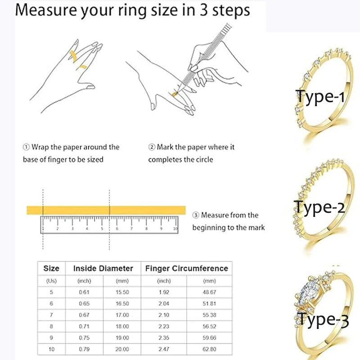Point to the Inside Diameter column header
(103, 268)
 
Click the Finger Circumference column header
(186, 268)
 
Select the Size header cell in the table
(51, 268)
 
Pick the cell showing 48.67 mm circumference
(209, 292)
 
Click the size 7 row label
(51, 315)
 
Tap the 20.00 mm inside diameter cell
(122, 349)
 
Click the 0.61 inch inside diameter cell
(84, 292)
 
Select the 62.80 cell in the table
(209, 349)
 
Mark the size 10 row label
(51, 349)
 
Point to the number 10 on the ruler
(175, 229)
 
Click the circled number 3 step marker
(195, 216)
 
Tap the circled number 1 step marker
(26, 147)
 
